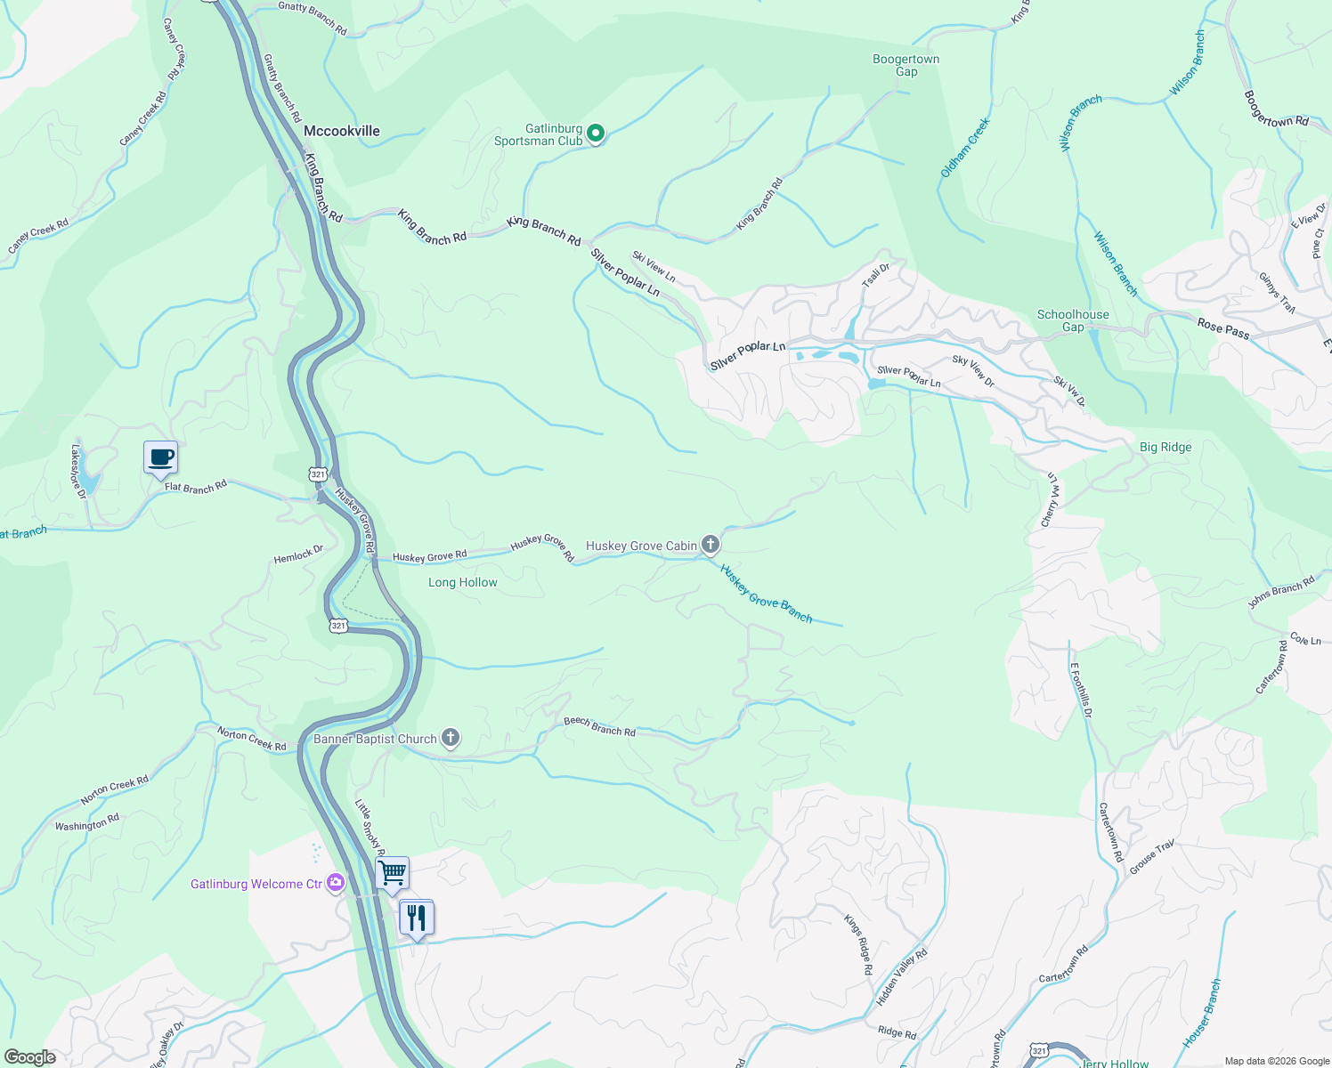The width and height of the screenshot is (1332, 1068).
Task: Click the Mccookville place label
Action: tap(341, 131)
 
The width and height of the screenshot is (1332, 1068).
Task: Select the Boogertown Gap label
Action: tap(906, 66)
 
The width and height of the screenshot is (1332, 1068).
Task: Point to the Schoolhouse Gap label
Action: tap(1073, 320)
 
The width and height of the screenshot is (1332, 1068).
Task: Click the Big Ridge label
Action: tap(1165, 447)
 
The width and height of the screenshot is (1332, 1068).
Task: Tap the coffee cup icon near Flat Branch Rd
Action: tap(160, 458)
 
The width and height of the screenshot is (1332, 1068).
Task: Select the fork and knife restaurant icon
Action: tap(417, 918)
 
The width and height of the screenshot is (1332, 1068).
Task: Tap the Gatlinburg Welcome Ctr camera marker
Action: tap(336, 883)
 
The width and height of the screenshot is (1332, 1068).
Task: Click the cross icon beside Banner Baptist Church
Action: tap(451, 738)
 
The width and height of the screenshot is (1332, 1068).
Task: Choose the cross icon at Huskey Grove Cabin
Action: tap(711, 544)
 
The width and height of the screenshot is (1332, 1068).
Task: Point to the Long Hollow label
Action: tap(462, 582)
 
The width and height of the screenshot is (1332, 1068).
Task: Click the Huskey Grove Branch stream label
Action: tap(766, 595)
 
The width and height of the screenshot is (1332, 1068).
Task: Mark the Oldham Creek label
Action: tap(965, 148)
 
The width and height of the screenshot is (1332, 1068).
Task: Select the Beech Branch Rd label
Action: tap(599, 727)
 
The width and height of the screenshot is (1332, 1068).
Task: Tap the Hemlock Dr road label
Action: tap(298, 554)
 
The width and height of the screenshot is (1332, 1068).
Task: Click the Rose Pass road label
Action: tap(1222, 328)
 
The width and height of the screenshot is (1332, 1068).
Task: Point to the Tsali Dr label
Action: tap(875, 275)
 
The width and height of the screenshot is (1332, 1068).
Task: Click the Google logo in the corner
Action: tap(29, 1057)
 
